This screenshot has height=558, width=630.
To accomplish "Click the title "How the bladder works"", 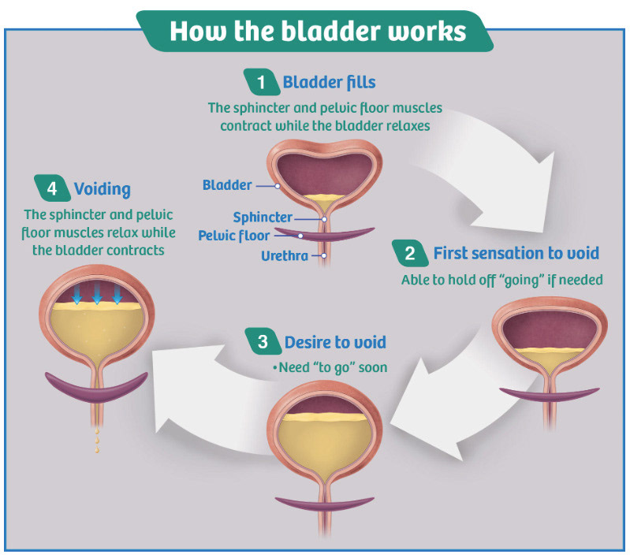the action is pos(318,31).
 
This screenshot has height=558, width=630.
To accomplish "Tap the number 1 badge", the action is pos(262,82).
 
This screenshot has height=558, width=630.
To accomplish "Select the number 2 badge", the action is pos(410,253).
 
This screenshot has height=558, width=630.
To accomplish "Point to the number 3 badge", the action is pos(263,342).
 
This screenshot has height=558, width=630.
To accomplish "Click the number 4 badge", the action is pos(52,188).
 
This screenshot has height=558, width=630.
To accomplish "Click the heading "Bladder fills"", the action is pos(329,82).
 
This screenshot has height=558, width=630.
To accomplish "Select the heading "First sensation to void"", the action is pos(516,254).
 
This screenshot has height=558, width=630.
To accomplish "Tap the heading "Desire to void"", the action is pos(335,342).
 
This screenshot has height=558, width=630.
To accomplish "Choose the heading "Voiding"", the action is pos(103,189).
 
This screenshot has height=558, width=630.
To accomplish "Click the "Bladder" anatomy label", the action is pos(227,185).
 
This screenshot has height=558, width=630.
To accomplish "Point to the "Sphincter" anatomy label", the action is pos(263,218).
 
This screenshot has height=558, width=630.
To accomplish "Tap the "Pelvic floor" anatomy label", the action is pos(234,236).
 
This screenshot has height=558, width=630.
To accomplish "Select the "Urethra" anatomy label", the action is pos(285,256).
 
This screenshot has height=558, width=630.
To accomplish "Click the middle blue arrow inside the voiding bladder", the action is pos(97,293).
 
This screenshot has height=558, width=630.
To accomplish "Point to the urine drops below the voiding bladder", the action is pos(97,441).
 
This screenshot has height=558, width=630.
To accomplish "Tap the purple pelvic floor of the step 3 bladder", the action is pos(325,504).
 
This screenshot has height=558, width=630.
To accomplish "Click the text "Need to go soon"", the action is pos(330,367).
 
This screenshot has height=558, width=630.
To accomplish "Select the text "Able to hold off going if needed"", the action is pos(502,280).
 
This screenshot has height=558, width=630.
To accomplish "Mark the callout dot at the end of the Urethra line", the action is pos(324,255).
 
